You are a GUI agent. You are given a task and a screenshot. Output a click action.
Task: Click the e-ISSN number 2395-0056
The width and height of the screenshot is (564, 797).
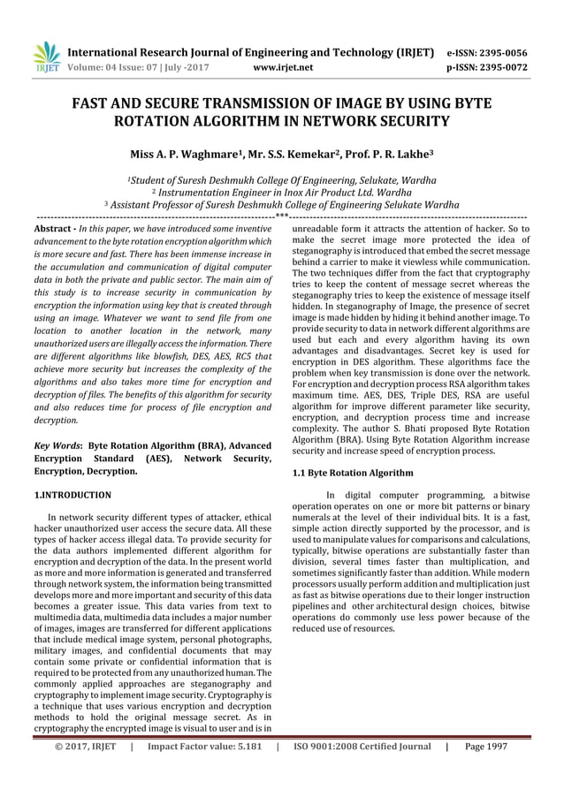click(x=499, y=52)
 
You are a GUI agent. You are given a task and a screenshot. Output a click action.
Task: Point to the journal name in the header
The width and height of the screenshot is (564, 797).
click(x=250, y=52)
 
